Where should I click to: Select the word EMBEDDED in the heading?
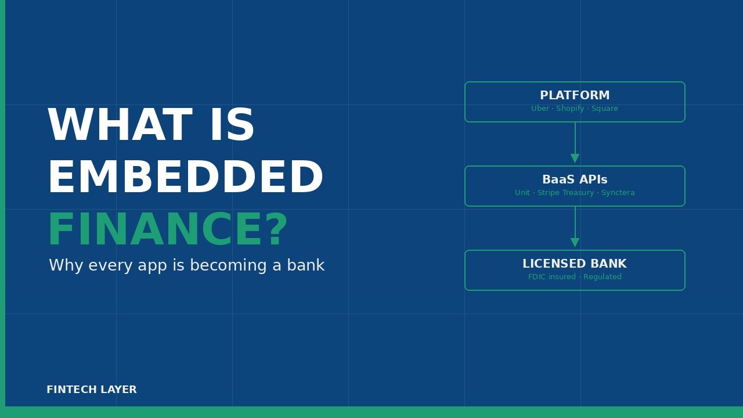click(x=185, y=179)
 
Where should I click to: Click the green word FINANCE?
click(x=167, y=231)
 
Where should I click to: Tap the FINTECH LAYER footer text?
click(x=92, y=390)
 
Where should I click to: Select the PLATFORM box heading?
click(x=575, y=96)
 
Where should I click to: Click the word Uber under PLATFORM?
click(x=540, y=109)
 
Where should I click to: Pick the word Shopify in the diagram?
click(x=570, y=109)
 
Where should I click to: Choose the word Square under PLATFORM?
click(x=605, y=109)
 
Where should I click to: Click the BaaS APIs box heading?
click(x=575, y=180)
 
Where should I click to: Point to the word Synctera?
click(x=618, y=193)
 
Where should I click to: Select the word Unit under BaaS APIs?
click(x=522, y=193)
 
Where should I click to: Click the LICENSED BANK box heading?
click(x=575, y=264)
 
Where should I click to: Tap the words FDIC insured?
click(x=552, y=277)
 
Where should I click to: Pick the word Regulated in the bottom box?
click(x=603, y=277)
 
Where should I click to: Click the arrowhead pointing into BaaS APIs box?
click(x=575, y=158)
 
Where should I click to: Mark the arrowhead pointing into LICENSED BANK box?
click(x=575, y=243)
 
